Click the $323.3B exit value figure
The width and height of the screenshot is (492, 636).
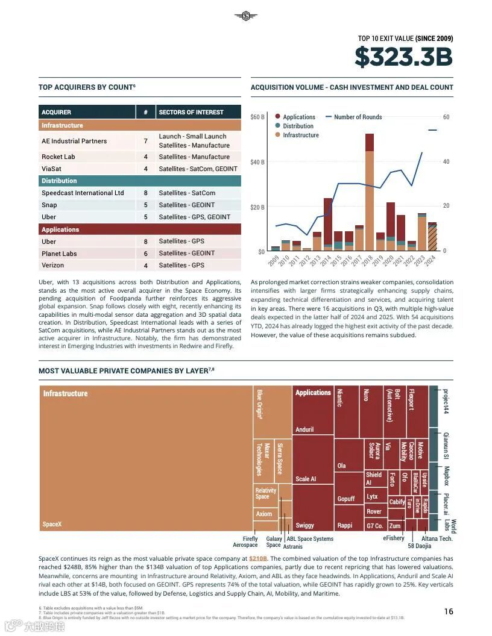(403, 57)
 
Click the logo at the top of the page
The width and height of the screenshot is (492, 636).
(245, 16)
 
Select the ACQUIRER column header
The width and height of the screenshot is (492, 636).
(57, 112)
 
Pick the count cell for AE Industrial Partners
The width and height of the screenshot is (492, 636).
(145, 141)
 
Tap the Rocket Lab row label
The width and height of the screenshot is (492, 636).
(58, 157)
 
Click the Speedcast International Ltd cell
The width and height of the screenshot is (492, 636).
(83, 193)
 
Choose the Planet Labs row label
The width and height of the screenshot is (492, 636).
(59, 254)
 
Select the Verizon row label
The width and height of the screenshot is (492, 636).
(52, 265)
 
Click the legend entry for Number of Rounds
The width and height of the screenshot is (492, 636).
(358, 117)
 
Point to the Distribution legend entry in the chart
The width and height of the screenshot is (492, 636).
(298, 126)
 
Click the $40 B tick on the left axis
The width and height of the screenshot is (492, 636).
(257, 162)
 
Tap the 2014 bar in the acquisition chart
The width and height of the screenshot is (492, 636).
(328, 223)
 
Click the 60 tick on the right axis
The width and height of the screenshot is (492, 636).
(446, 117)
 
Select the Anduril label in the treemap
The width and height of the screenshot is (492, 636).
(304, 429)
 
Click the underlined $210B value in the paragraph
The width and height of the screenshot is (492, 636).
(257, 558)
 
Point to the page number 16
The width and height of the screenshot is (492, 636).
(449, 611)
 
